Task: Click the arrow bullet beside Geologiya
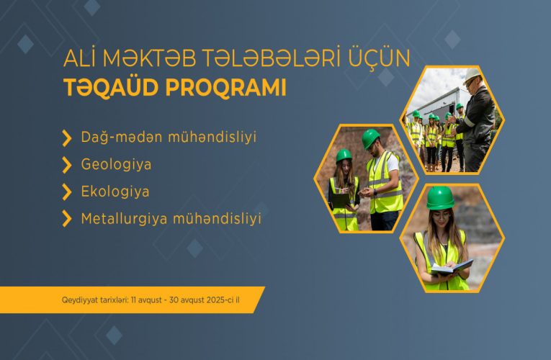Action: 67,165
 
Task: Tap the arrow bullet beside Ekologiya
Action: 67,192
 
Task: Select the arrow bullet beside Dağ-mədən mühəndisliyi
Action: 67,137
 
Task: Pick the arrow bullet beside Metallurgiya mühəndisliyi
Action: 67,219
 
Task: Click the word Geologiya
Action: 116,164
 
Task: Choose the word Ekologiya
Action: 115,192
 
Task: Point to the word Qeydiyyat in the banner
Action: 79,300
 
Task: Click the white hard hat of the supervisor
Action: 472,75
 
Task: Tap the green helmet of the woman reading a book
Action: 439,197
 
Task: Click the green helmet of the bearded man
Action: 371,136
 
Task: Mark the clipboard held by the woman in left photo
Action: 339,199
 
